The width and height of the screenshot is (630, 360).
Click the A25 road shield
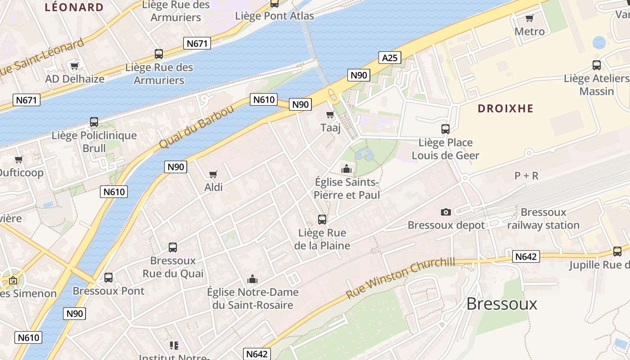[x=390, y=58]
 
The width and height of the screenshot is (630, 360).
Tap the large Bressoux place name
[x=501, y=304]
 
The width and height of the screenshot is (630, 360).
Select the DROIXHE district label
[x=505, y=108]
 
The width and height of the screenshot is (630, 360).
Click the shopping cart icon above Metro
[x=529, y=18]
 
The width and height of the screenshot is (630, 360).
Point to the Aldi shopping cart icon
[x=213, y=174]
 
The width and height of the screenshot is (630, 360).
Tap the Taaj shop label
[x=330, y=128]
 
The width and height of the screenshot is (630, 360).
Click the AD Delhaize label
[x=75, y=79]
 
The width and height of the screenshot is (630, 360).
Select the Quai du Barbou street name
[x=196, y=127]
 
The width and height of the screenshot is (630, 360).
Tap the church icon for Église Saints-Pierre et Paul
[x=346, y=169]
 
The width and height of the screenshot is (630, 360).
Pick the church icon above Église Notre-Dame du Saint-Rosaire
[x=252, y=279]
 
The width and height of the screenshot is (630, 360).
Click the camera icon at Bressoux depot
[x=445, y=212]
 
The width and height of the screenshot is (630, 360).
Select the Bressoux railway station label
[x=543, y=219]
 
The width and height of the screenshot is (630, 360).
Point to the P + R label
[x=526, y=176]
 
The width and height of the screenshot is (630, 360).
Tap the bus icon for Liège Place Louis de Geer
[x=445, y=129]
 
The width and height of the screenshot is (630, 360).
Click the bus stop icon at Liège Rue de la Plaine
[x=322, y=220]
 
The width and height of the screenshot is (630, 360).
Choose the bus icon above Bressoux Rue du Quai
[x=173, y=247]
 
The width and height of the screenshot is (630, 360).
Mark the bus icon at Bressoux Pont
[x=108, y=278]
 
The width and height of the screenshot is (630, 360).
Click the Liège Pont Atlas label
[x=274, y=16]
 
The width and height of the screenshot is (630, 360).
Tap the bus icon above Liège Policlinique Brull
[x=94, y=122]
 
